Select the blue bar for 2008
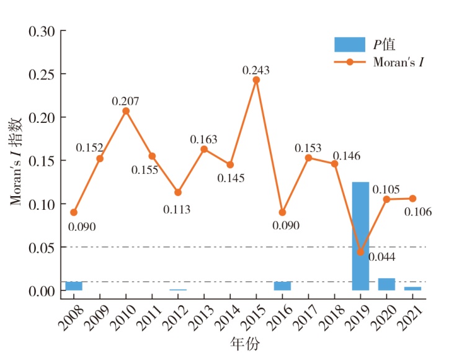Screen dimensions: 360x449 [74, 286]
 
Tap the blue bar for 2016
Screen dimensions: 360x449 [282, 286]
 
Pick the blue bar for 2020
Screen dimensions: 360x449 [386, 284]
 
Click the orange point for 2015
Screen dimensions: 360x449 [256, 80]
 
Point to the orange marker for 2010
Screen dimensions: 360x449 [126, 111]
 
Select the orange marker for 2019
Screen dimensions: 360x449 [360, 252]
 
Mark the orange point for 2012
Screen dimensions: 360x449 [178, 192]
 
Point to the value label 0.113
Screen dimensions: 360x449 [178, 209]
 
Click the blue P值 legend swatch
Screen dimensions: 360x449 [350, 45]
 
